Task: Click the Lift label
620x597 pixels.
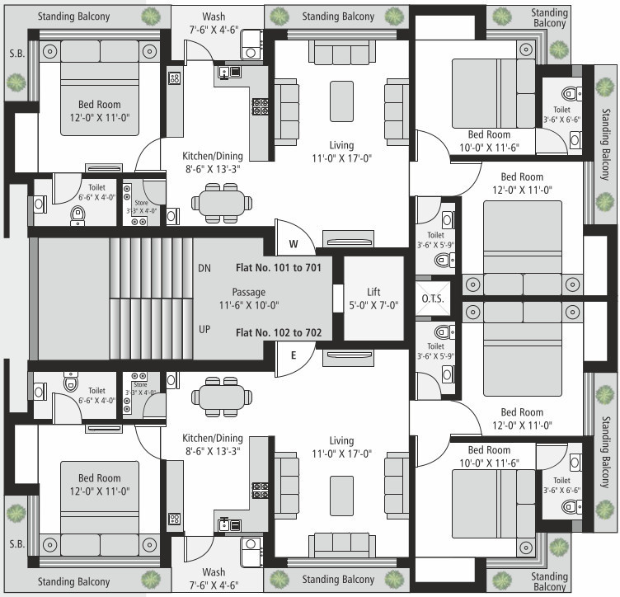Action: [373, 292]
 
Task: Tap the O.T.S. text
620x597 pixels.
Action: [433, 298]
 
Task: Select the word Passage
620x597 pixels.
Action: [249, 292]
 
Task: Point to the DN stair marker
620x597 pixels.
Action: [205, 268]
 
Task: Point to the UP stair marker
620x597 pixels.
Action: [205, 329]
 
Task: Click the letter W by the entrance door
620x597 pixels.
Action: [293, 244]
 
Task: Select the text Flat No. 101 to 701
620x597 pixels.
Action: [284, 267]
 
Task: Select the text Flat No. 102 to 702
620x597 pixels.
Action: [284, 333]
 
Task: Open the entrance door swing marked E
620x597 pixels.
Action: [294, 364]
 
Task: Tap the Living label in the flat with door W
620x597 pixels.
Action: [341, 144]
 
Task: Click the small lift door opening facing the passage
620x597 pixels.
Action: [338, 298]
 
